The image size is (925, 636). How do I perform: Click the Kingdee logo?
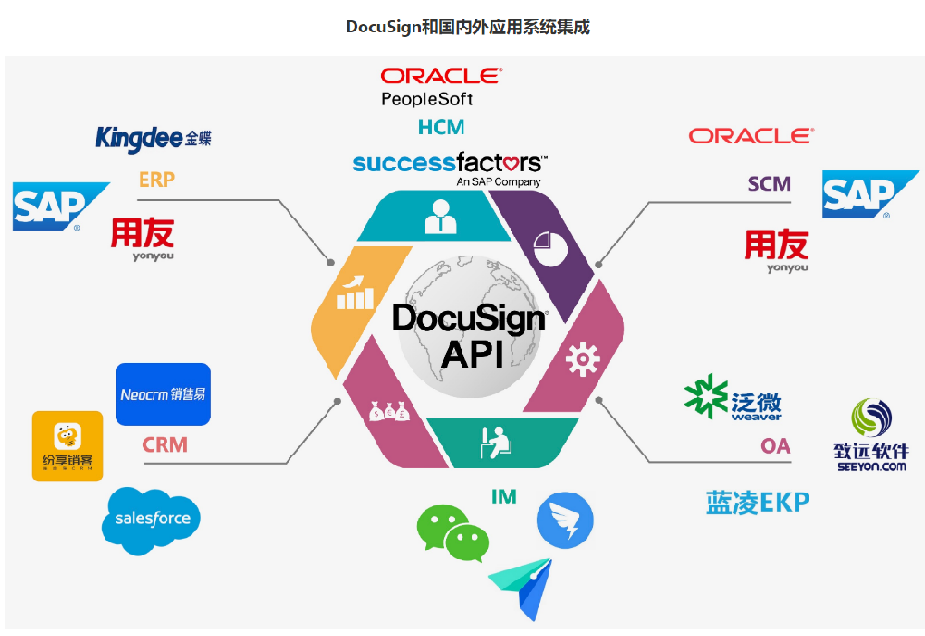(154, 139)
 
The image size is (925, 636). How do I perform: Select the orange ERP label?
(156, 180)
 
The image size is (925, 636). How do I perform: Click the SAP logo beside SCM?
(869, 194)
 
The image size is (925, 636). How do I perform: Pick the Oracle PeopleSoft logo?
(440, 86)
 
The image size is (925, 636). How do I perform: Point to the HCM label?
(441, 127)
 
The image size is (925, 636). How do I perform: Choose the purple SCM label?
(770, 183)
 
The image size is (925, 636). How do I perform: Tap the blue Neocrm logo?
(164, 394)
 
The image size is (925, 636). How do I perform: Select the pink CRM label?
(165, 445)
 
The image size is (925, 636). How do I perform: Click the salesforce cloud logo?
(152, 519)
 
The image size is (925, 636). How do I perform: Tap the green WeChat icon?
(452, 532)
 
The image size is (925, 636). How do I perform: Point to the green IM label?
(504, 497)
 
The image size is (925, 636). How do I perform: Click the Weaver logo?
(733, 399)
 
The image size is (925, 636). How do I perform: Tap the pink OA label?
(775, 446)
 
